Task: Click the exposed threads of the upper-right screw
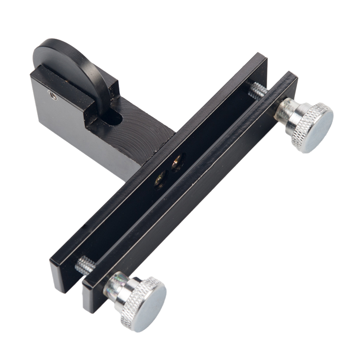point(259,91)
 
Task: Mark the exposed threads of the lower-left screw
point(85,265)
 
